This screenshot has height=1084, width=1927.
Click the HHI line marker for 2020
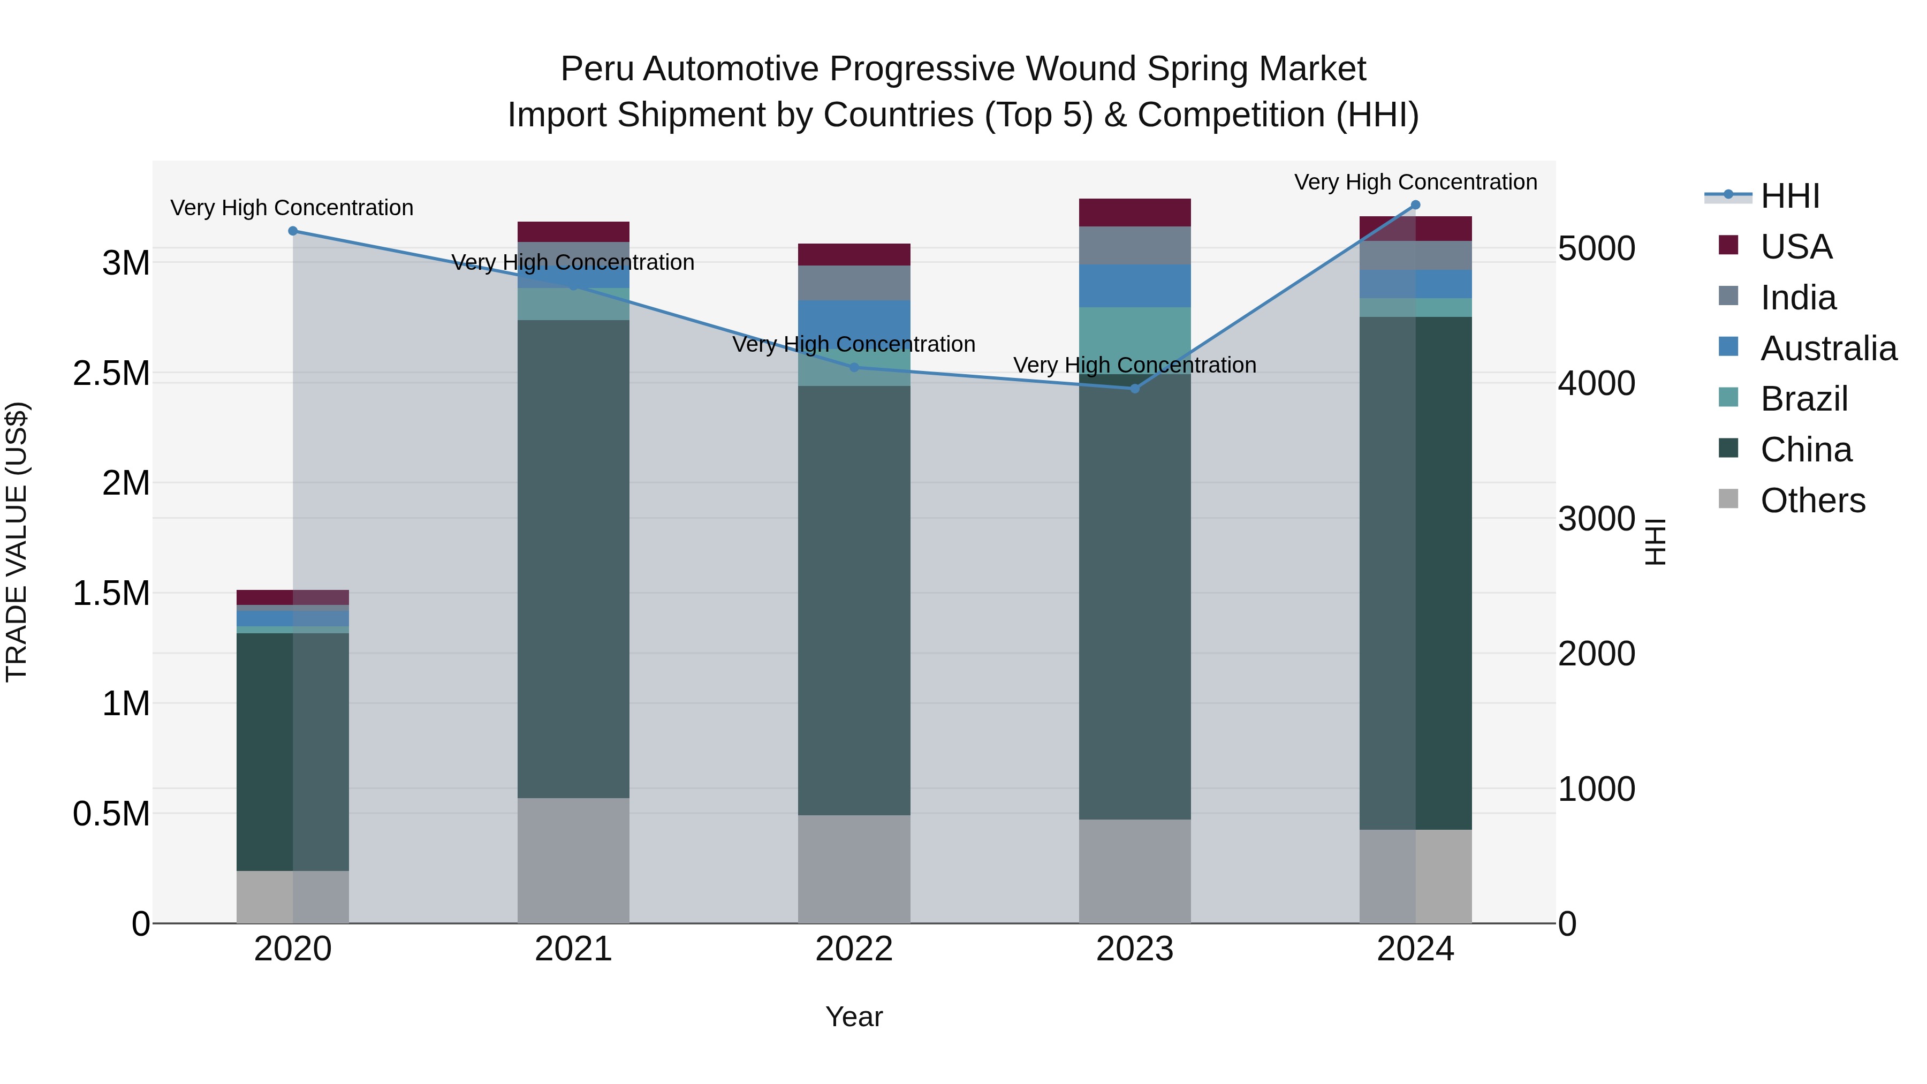pos(292,231)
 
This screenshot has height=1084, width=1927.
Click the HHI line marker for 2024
pos(1415,205)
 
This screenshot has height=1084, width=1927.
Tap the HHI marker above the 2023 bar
pos(1134,388)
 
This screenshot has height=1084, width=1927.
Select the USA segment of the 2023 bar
pos(1134,213)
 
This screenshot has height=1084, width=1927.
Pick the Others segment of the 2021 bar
pos(573,860)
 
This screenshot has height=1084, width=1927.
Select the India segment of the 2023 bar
pos(1134,245)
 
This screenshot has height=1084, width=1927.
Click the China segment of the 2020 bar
pos(292,752)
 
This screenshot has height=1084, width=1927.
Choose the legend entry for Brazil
pos(1803,399)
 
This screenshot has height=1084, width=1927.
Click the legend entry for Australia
pos(1827,348)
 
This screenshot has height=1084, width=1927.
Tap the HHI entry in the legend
pos(1788,196)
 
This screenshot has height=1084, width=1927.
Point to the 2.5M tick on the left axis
pos(111,373)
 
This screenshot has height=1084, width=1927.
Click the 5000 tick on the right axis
pos(1596,249)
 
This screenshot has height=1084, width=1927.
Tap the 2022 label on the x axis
pos(854,949)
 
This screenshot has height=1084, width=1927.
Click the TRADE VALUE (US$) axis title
pos(17,542)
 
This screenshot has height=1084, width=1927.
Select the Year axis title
pos(854,1017)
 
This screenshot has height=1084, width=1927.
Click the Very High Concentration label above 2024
pos(1415,182)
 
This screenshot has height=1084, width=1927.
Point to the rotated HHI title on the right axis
pos(1656,542)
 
